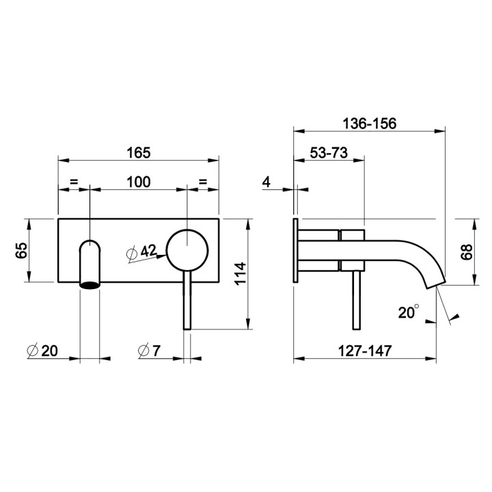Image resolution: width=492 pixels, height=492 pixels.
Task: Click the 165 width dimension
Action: pos(138,153)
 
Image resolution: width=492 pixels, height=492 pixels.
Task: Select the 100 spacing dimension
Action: pos(138,182)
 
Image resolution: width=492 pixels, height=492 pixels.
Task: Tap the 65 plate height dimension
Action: pos(22,250)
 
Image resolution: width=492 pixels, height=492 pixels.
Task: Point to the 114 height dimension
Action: pos(241,273)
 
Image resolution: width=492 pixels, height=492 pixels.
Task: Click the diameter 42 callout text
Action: pos(141,252)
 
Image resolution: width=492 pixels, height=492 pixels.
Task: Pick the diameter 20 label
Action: pos(42,351)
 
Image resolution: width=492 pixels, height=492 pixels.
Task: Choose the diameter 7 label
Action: pos(149,351)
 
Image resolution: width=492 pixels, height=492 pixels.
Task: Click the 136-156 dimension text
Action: pos(369,124)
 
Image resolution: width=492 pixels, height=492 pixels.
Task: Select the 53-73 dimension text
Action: pos(329,153)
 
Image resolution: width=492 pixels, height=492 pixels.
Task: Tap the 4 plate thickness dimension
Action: pos(266,182)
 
